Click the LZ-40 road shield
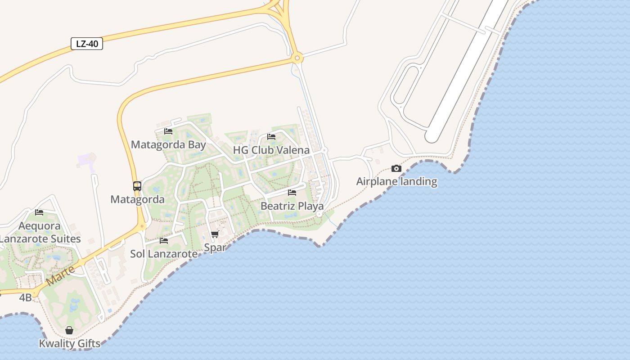(87, 44)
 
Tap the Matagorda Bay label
(168, 145)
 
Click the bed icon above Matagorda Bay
(168, 131)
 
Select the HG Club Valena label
(271, 150)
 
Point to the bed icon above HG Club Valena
(271, 136)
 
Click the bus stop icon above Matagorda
(137, 186)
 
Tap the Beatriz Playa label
(292, 206)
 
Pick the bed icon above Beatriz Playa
(292, 193)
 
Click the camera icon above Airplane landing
(396, 168)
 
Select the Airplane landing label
(396, 182)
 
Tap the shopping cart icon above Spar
(215, 234)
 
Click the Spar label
(215, 247)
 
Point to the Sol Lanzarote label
(164, 254)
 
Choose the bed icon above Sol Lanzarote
(164, 241)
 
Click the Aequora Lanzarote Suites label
(40, 232)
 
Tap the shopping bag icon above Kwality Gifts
(69, 331)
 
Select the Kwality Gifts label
(69, 344)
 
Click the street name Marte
(60, 275)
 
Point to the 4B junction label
(25, 297)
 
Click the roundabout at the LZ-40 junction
(297, 58)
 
